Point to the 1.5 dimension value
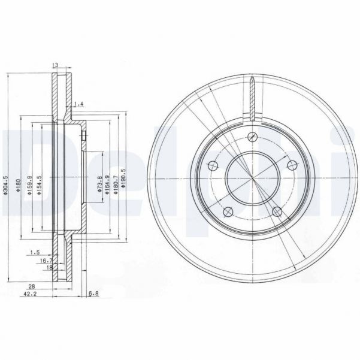(x=37, y=252)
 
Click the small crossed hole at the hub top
(x=253, y=136)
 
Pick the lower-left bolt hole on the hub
(x=226, y=212)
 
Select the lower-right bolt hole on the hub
(x=276, y=210)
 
